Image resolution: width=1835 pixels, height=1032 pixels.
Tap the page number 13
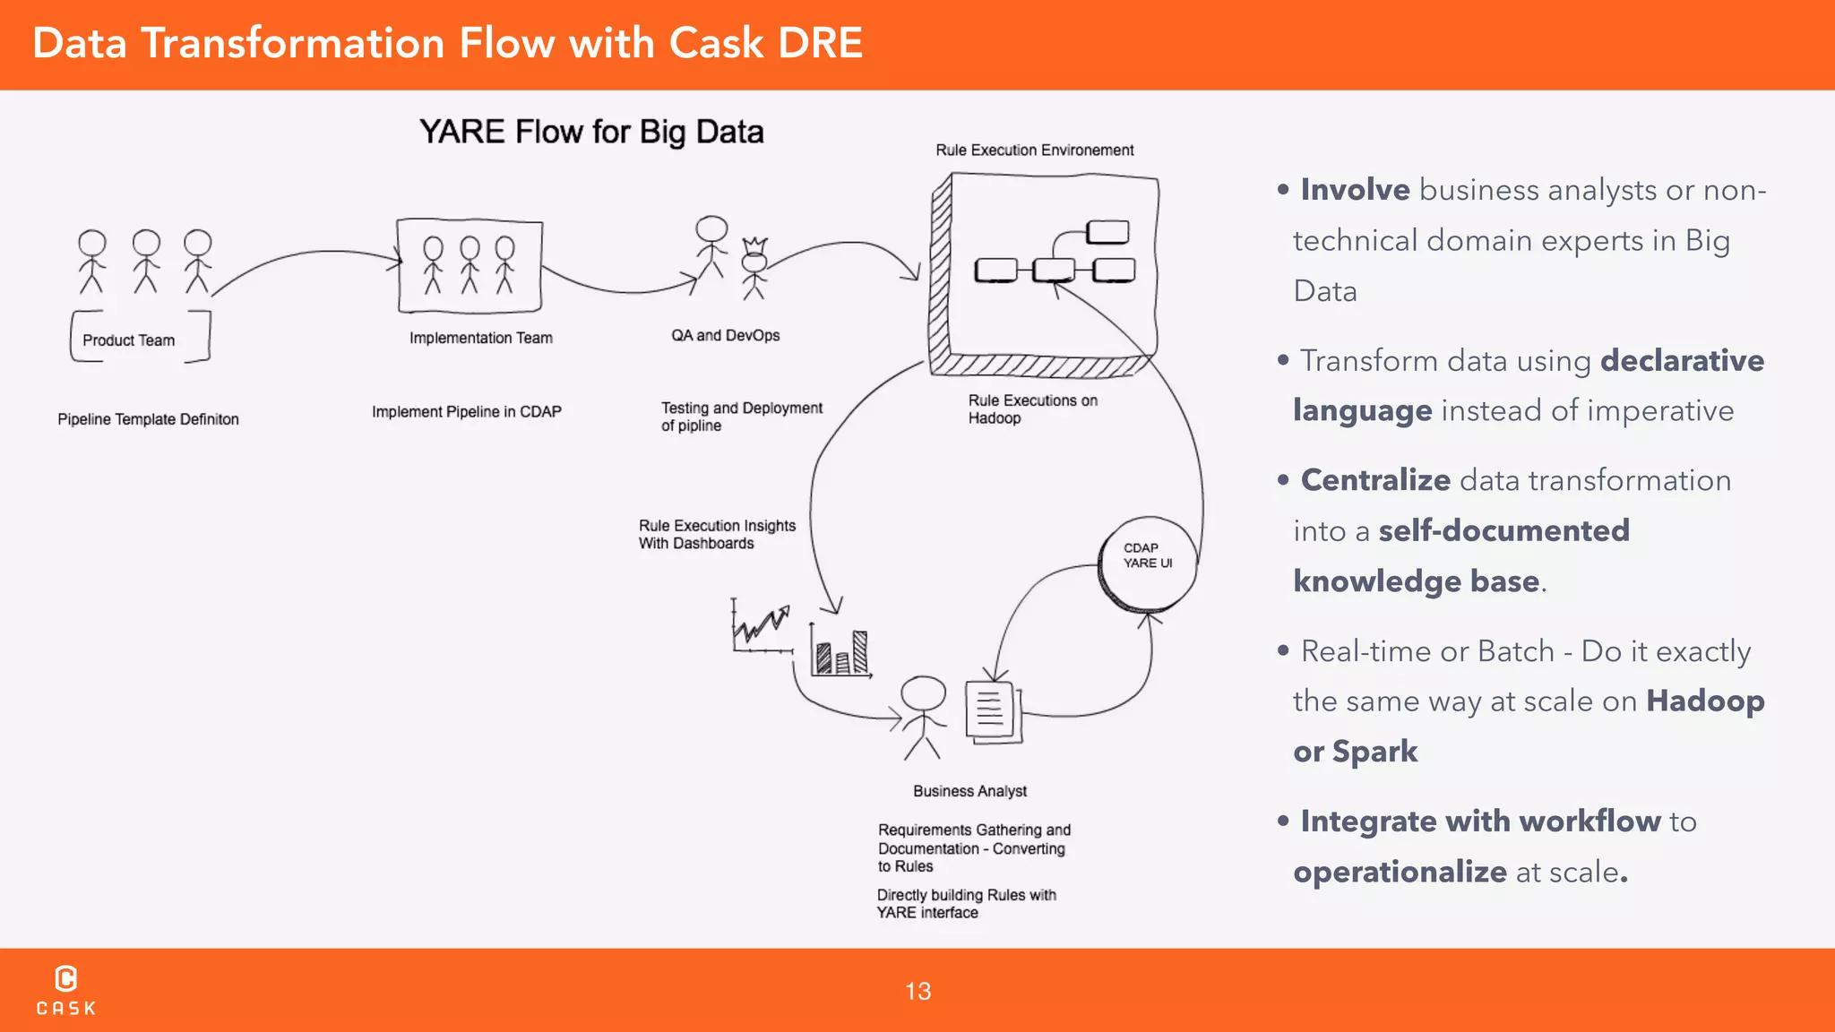click(917, 991)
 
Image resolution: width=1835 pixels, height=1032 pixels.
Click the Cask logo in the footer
click(66, 990)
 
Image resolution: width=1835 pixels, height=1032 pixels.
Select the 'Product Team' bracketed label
click(129, 340)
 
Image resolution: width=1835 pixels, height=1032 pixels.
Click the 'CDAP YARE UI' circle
click(1148, 563)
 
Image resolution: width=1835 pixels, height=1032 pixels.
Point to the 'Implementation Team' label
click(481, 338)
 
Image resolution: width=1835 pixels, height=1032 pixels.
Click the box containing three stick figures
click(470, 265)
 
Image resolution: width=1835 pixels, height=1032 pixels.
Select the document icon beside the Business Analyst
click(992, 711)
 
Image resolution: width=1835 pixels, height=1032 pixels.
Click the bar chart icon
click(840, 649)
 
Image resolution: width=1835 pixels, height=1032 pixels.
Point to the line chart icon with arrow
click(761, 626)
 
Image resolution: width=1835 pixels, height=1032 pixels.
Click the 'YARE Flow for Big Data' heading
click(591, 132)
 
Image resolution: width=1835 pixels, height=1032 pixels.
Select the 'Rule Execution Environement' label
click(1034, 150)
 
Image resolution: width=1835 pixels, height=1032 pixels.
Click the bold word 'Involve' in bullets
click(1355, 190)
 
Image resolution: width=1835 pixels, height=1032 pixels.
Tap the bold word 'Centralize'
click(1375, 480)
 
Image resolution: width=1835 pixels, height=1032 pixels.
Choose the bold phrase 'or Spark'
click(1355, 751)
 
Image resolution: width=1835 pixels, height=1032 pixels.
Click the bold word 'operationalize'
click(1400, 872)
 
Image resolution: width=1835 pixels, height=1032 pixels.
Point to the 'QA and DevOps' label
click(725, 335)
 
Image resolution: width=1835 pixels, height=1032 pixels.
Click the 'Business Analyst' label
click(969, 791)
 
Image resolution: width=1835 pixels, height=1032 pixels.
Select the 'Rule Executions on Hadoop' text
click(1031, 408)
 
